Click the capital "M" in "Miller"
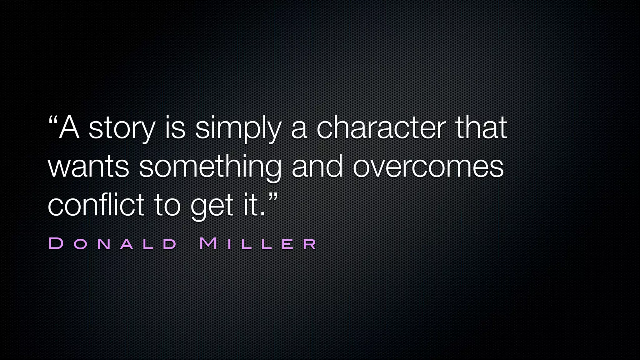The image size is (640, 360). (208, 244)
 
